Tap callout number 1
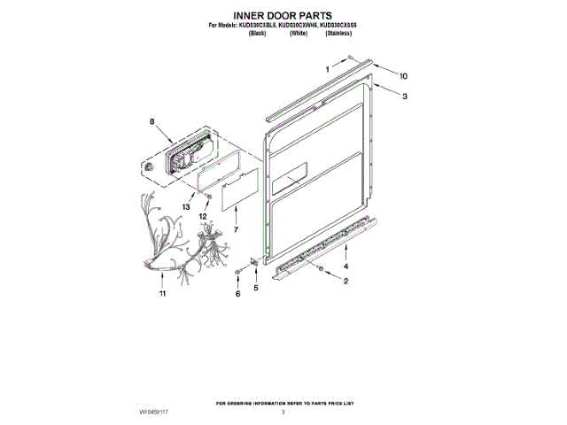(x=325, y=68)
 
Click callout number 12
(x=204, y=215)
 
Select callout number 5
(x=258, y=288)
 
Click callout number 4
(x=346, y=266)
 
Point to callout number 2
(x=346, y=282)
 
